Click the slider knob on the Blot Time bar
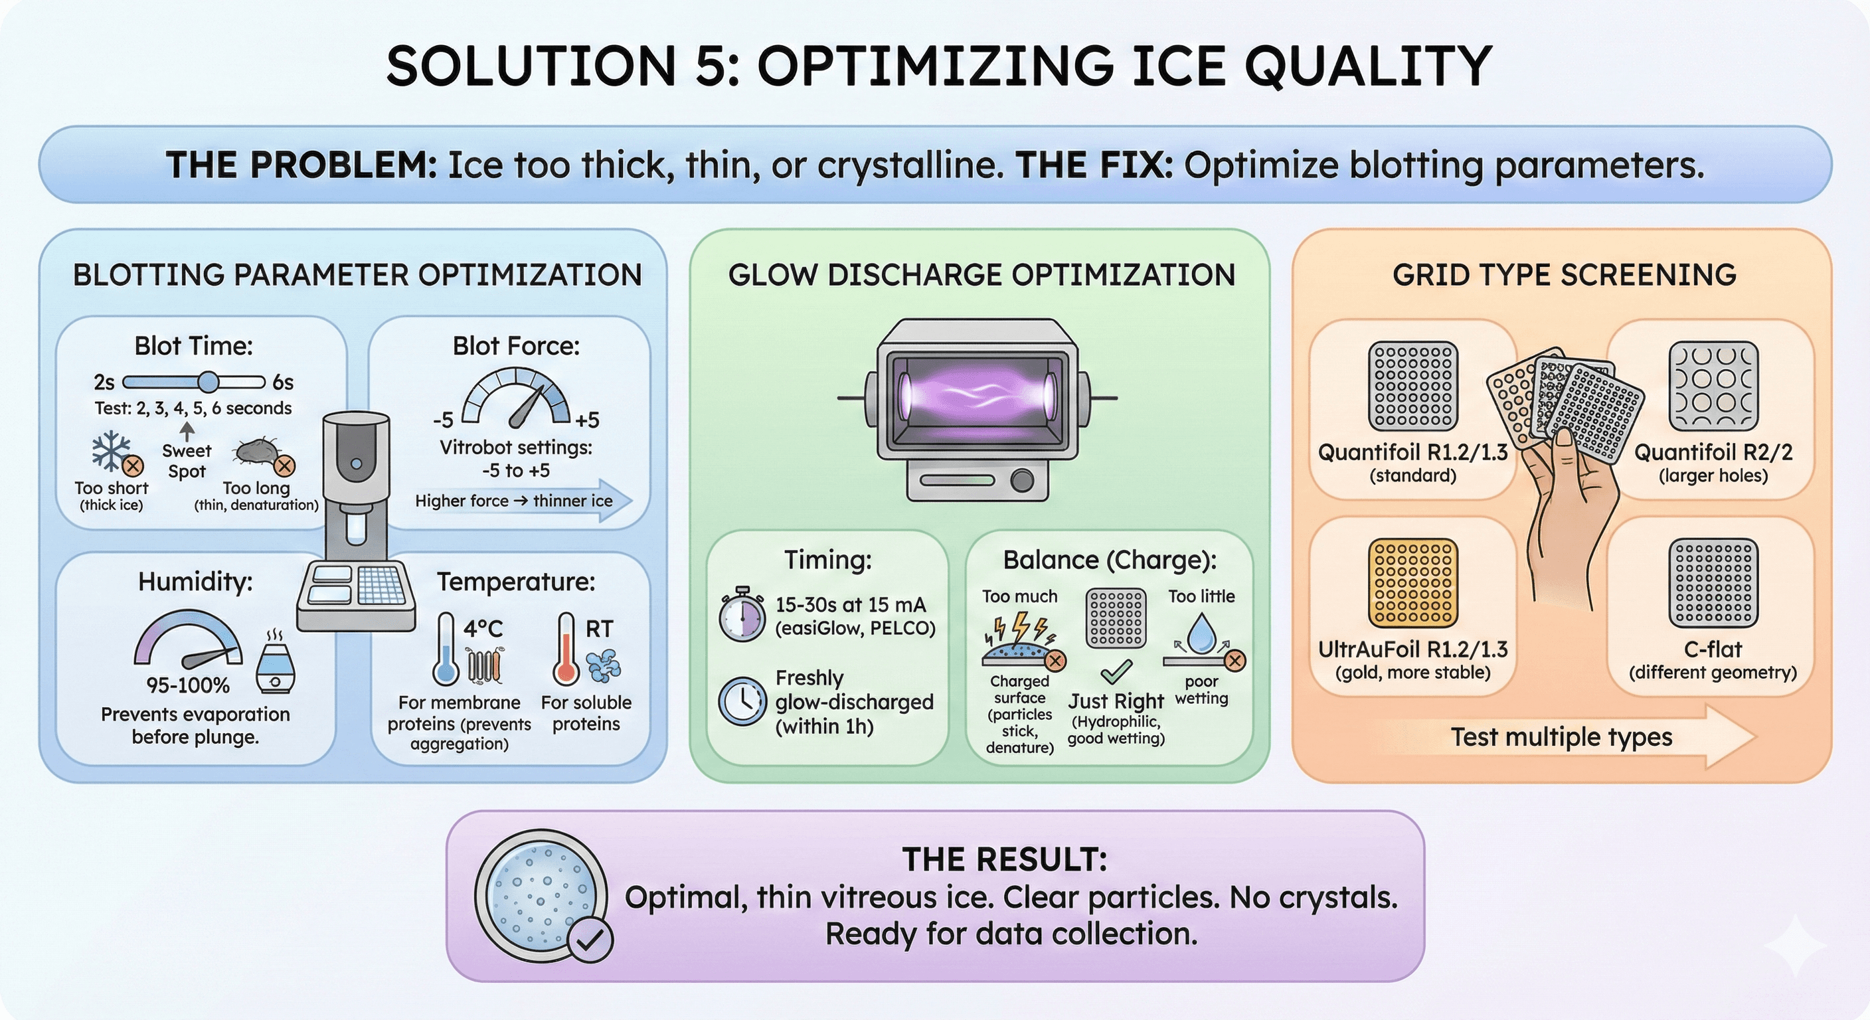tap(209, 381)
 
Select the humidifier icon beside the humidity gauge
tap(275, 661)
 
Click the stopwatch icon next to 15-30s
tap(742, 616)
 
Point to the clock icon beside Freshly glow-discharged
tap(742, 701)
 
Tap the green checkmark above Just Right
tap(1116, 671)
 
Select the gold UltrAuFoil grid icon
tap(1412, 582)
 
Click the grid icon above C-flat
tap(1713, 582)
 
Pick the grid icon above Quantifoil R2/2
tap(1713, 386)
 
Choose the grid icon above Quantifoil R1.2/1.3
tap(1412, 386)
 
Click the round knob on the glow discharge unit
tap(1022, 481)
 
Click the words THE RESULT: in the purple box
tap(1005, 860)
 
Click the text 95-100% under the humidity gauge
tap(188, 685)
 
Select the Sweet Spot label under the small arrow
tap(187, 461)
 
